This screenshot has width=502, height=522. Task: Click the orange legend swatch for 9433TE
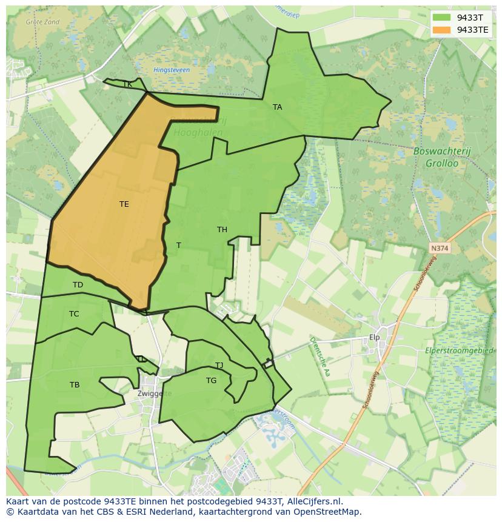pos(441,30)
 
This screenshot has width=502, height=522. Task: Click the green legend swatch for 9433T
pos(441,18)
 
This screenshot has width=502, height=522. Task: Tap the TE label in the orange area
pos(124,204)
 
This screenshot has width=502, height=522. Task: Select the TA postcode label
pos(277,107)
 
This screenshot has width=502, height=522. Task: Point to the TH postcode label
pos(222,230)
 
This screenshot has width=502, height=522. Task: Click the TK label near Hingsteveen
pos(127,84)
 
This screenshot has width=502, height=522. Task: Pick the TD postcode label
pos(78,285)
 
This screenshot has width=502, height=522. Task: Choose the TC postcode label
pos(74,314)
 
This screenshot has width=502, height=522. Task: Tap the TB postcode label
pos(75,385)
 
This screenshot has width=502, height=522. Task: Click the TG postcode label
pos(211,381)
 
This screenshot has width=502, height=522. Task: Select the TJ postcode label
pos(219,366)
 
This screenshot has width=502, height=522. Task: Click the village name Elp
pos(374,337)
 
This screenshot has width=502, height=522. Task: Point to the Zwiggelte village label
pos(155,393)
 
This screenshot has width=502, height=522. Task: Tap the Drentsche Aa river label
pos(320,356)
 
